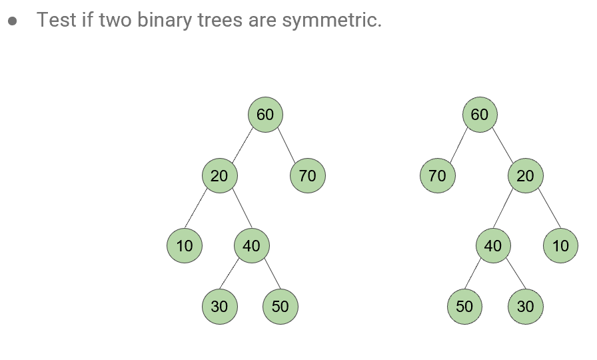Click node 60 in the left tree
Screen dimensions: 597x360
[265, 115]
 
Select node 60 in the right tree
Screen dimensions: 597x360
[480, 115]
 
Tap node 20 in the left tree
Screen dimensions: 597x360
[219, 176]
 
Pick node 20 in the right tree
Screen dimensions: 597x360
[526, 176]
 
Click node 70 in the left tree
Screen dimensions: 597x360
[308, 176]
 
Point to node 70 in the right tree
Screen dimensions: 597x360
[438, 176]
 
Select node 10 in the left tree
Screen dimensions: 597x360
[185, 245]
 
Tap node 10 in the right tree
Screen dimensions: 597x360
[561, 245]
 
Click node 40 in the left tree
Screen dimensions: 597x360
[251, 245]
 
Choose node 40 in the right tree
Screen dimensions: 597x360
[493, 245]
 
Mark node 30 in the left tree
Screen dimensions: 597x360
[219, 307]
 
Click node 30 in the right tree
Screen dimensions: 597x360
[526, 307]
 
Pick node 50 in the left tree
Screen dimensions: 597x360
[281, 307]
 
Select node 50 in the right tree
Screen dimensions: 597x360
[464, 307]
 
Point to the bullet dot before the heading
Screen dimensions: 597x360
[13, 21]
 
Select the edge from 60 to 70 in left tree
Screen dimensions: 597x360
[287, 145]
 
